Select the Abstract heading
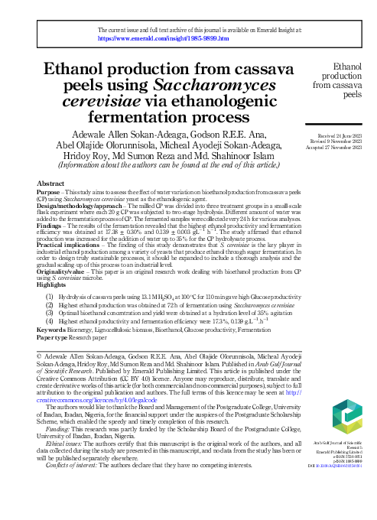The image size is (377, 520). tap(50, 184)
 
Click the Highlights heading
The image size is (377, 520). tap(52, 284)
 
